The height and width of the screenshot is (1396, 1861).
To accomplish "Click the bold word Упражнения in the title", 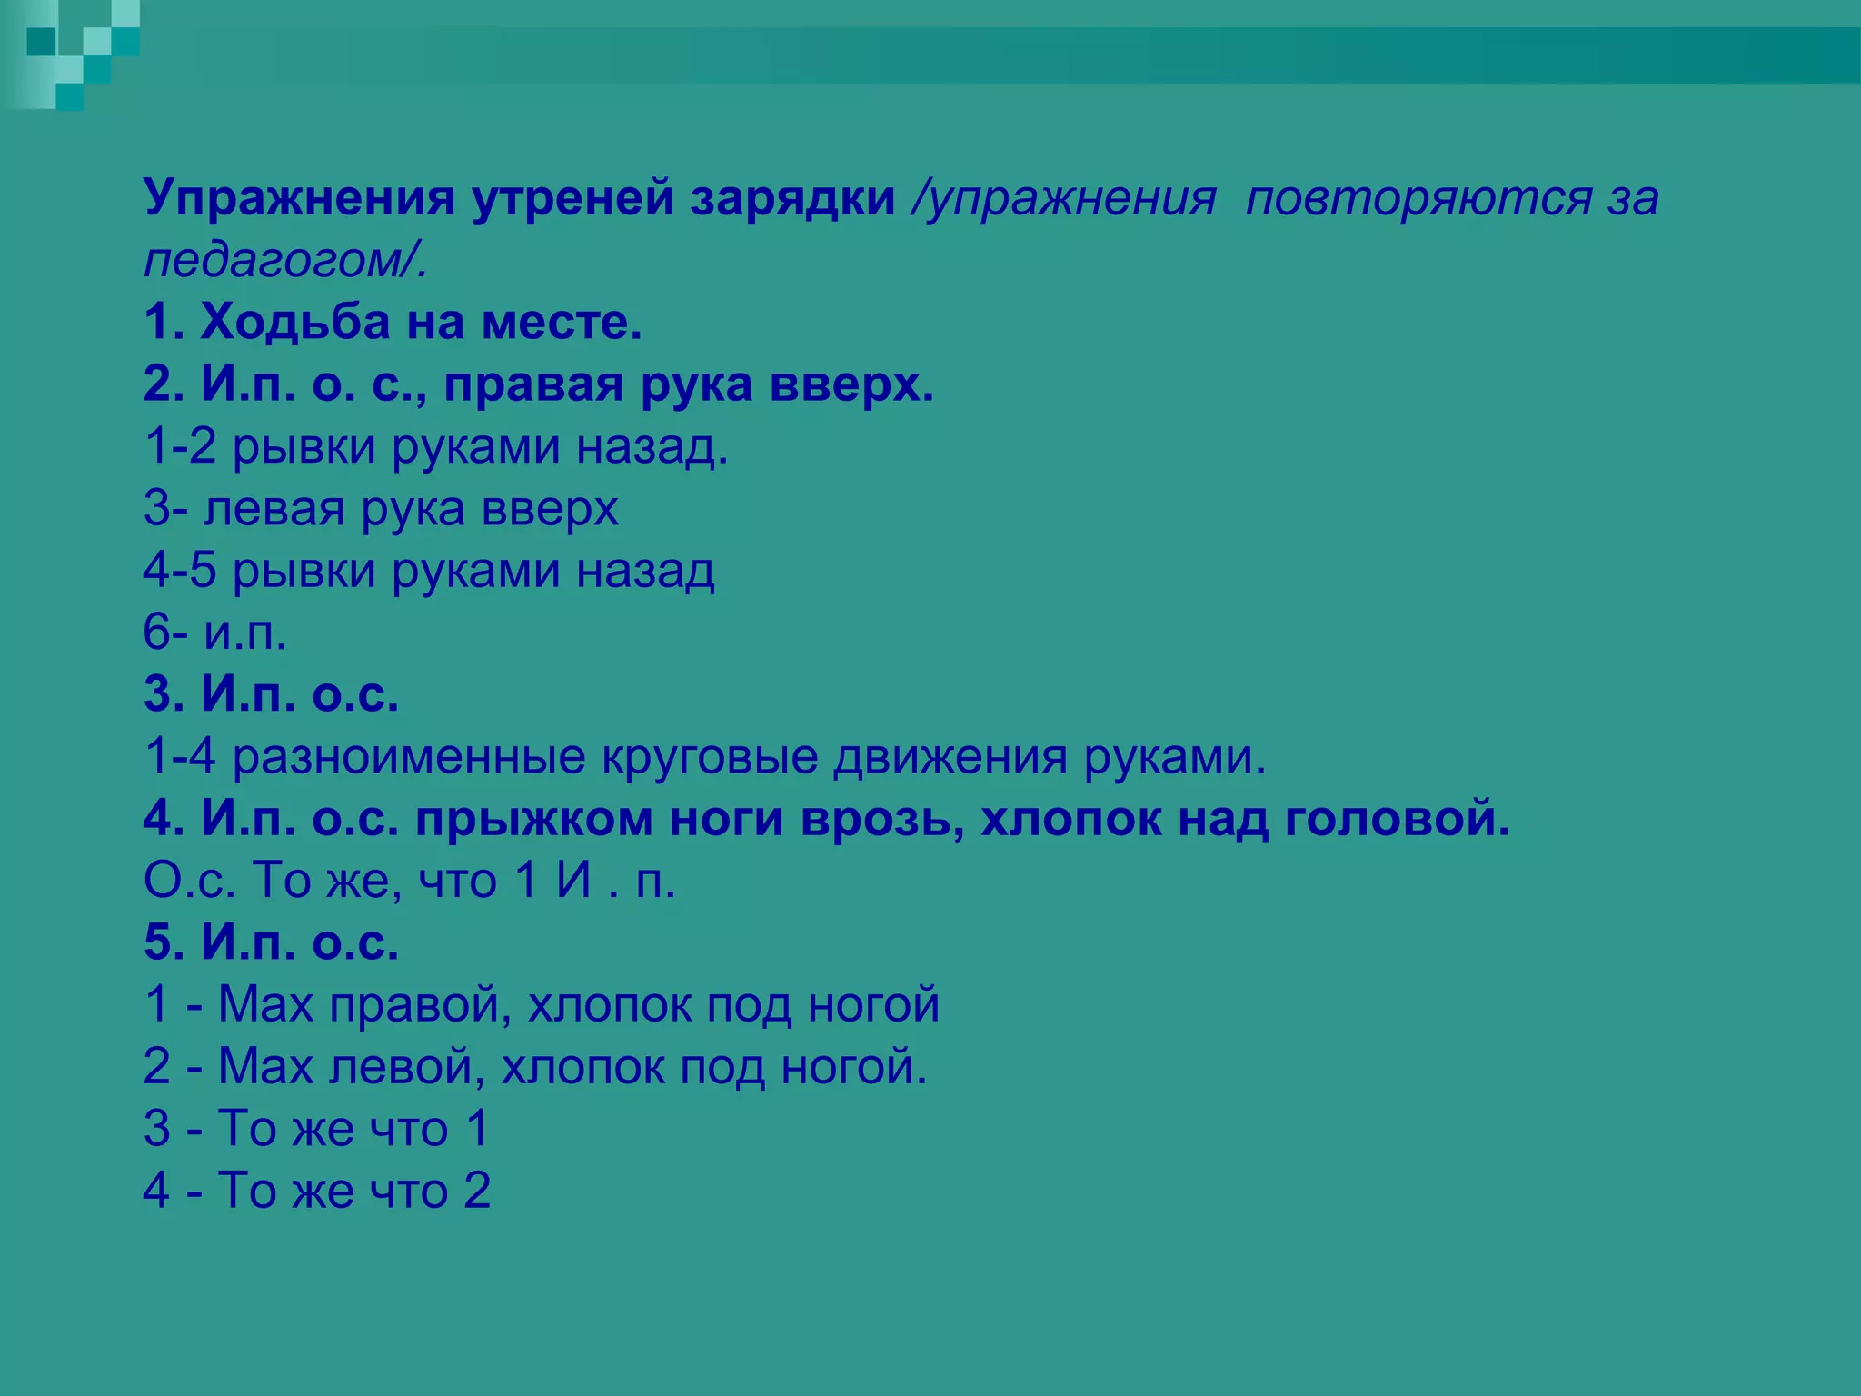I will (x=299, y=199).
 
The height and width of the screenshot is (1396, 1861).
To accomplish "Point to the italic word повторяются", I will (x=1418, y=199).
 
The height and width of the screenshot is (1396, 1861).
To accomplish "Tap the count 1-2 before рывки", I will (x=180, y=447).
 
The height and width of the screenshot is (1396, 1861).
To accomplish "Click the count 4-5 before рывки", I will (x=180, y=572).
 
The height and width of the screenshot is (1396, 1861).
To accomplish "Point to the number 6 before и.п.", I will (x=157, y=633).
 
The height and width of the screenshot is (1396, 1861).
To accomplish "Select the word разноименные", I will (x=409, y=757).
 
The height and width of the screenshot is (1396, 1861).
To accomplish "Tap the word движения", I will (x=950, y=757).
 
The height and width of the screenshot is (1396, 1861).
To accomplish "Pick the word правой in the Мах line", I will (x=413, y=1005).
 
